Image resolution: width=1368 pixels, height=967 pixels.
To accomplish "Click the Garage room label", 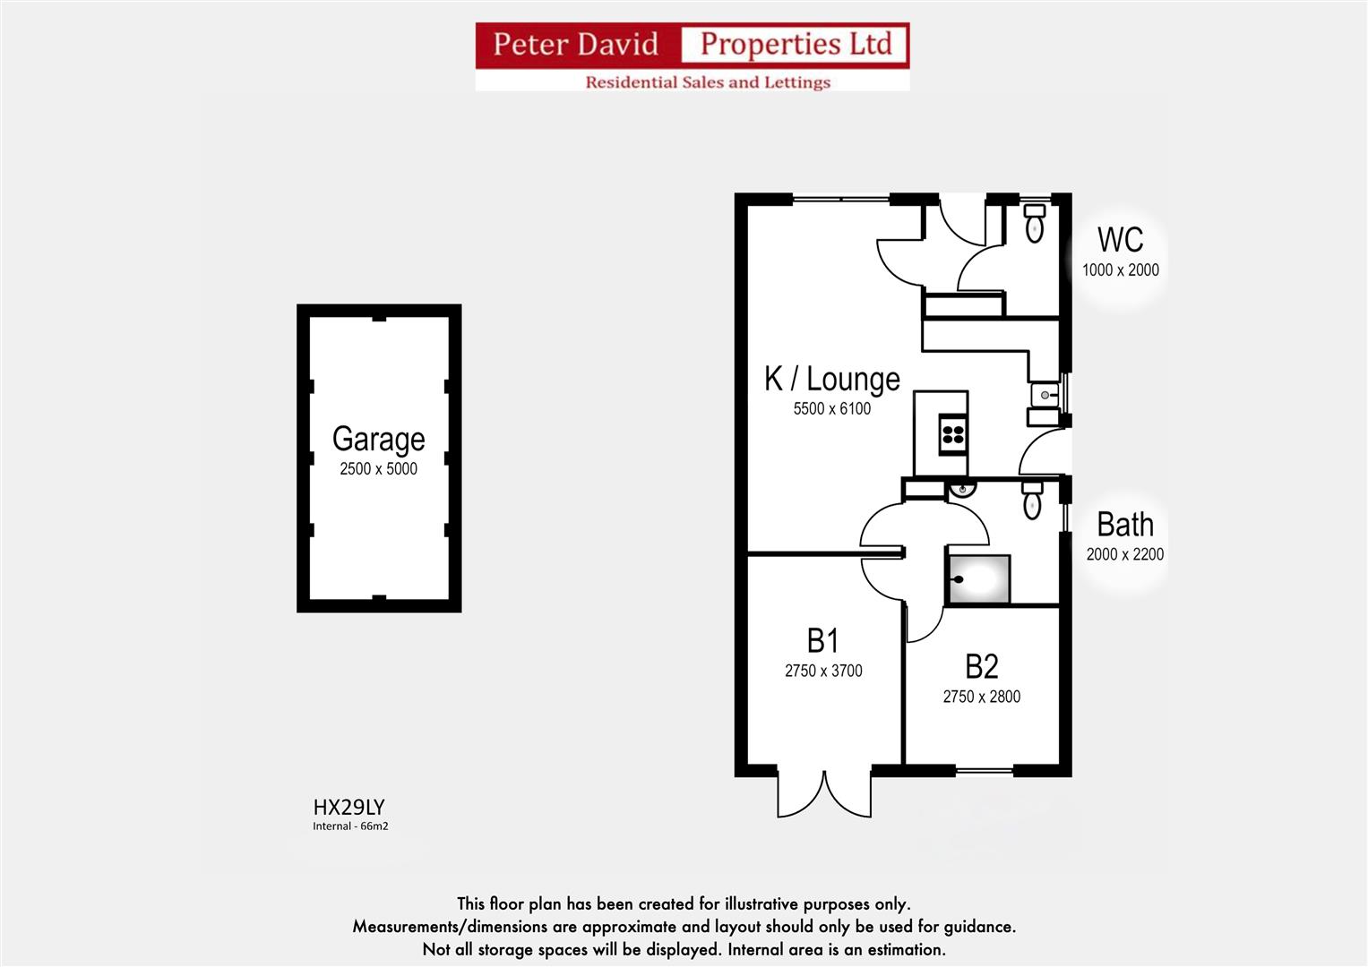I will point(378,439).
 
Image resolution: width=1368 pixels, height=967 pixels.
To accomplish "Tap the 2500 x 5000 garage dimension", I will point(378,468).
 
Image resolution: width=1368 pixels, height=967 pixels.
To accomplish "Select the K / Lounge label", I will point(831,379).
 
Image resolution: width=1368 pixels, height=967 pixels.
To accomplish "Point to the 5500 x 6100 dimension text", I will point(831,408).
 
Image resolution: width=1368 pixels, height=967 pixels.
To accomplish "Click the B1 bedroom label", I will point(822,641).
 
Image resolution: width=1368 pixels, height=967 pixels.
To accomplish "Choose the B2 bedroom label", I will point(981,667).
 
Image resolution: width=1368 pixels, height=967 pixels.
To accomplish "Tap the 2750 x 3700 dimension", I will point(822,671).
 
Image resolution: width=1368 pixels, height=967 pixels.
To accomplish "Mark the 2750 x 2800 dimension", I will point(981,697).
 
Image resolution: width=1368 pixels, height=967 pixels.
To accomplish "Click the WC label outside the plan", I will point(1120,240).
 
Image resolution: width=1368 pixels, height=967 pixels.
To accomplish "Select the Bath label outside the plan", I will point(1124,525).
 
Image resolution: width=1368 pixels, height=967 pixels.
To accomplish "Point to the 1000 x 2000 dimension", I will point(1120,270).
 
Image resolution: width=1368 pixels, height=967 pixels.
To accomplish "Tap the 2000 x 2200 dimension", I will point(1124,554).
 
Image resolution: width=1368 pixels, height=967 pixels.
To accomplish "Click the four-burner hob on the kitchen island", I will point(952,435).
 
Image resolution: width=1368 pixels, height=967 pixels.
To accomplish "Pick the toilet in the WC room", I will point(1034,223).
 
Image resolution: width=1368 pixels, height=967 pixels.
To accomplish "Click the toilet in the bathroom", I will point(1032,501).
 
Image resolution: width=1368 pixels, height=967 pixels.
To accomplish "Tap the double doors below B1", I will point(823,792).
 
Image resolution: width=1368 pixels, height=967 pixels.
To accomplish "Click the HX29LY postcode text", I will point(348,808).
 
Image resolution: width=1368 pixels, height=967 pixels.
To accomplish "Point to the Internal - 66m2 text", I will point(350,826).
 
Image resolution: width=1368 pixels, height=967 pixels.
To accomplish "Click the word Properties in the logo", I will point(796,44).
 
